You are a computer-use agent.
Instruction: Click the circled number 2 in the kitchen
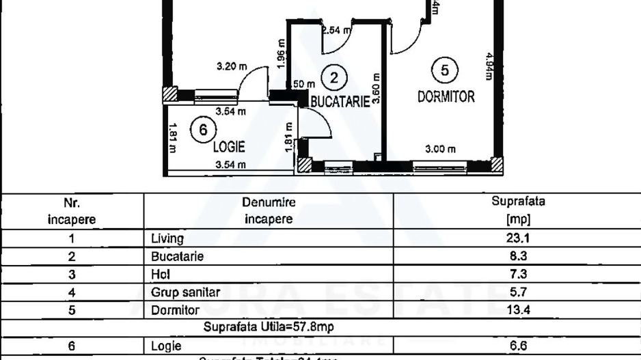[333, 77]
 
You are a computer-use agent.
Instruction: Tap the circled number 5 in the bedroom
[445, 70]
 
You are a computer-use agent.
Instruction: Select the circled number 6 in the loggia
[203, 129]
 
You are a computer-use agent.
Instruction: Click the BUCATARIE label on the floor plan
[340, 101]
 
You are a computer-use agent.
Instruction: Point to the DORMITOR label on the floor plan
[446, 96]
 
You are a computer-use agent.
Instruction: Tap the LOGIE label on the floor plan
[228, 146]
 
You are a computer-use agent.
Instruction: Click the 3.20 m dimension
[231, 67]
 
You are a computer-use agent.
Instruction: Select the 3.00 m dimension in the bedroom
[441, 149]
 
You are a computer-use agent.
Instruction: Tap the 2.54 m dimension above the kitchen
[336, 30]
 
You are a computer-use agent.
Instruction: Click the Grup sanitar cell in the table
[185, 292]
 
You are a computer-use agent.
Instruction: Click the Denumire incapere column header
[268, 210]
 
